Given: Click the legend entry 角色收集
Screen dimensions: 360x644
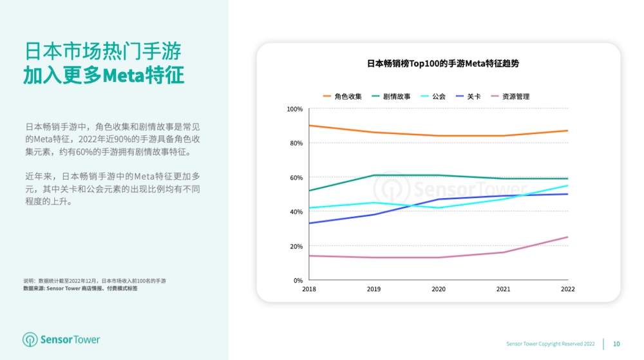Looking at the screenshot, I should tap(343, 97).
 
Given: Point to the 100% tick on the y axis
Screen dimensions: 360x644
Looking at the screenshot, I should tap(294, 109).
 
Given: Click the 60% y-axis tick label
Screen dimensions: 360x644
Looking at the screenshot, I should tap(296, 178).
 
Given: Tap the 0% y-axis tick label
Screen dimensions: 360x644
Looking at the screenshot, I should tap(298, 281).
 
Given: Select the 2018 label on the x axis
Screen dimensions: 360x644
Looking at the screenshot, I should tap(309, 290).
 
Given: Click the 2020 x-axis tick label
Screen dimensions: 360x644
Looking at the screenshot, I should tap(439, 290).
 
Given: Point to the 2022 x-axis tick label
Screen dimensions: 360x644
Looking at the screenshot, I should tap(567, 290).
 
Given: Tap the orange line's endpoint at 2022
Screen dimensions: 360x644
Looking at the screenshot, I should tap(567, 131).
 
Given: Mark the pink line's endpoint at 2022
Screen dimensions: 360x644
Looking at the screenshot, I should tap(567, 237).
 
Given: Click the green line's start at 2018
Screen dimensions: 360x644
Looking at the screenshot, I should tap(309, 191).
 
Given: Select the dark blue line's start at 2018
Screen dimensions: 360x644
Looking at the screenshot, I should tap(309, 223).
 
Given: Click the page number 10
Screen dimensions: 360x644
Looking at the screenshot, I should tap(616, 344).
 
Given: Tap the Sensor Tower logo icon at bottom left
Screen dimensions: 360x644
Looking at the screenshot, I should tap(30, 339).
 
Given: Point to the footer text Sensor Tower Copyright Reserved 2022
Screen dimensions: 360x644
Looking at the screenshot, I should tap(550, 344).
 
